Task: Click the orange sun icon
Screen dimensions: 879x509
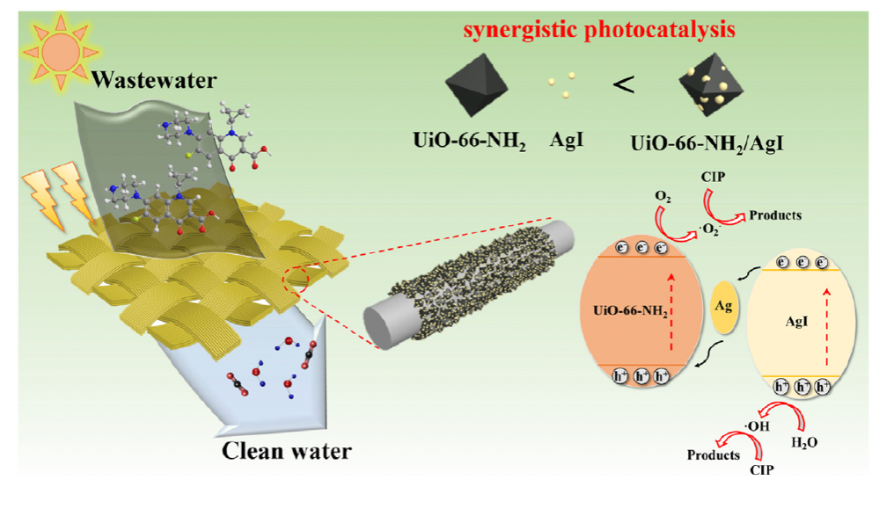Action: coord(60,52)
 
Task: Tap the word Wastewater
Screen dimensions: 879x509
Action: coord(154,80)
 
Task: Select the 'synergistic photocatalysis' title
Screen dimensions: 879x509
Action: coord(599,30)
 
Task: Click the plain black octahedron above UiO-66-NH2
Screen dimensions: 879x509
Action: coord(477,84)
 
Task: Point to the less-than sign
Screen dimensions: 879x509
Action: coord(623,85)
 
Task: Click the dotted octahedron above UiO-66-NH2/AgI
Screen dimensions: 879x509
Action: coord(711,84)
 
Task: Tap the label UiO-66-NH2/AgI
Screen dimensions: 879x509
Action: coord(707,144)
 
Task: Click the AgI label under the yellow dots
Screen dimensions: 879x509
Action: coord(566,140)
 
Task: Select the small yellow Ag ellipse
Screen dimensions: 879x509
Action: coord(724,307)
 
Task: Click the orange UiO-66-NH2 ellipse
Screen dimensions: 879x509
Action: coord(641,311)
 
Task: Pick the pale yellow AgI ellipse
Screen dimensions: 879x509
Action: coord(802,324)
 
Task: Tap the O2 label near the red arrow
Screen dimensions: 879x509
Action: coord(663,197)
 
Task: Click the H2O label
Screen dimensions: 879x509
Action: coord(804,442)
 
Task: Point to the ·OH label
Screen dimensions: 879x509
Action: coord(757,426)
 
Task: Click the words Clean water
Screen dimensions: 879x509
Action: coord(287,451)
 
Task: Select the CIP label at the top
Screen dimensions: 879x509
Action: coord(713,177)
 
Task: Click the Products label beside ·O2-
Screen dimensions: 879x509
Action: coord(775,215)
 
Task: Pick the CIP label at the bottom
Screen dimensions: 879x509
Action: coord(762,469)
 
